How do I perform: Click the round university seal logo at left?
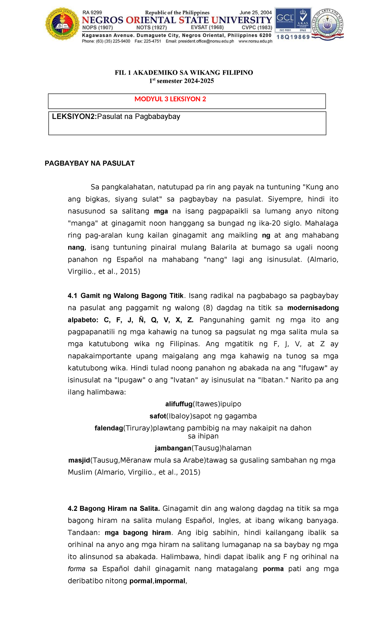[x=62, y=24]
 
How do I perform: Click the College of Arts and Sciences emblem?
[x=328, y=24]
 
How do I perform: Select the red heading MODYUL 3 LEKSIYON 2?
[x=170, y=99]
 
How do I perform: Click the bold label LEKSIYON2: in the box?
[x=75, y=117]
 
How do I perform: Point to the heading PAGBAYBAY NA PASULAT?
[x=90, y=163]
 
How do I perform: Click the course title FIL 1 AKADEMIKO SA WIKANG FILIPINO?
[x=184, y=73]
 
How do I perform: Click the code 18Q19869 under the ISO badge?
[x=293, y=37]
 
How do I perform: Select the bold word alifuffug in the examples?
[x=179, y=404]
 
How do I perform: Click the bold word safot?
[x=158, y=416]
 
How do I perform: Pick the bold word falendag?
[x=109, y=428]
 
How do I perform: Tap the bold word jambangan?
[x=173, y=448]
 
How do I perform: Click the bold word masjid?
[x=79, y=460]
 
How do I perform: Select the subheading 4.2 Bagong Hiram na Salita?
[x=114, y=509]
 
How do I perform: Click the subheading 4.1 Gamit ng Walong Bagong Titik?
[x=126, y=296]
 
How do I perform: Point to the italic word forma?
[x=76, y=569]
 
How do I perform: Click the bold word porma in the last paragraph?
[x=273, y=569]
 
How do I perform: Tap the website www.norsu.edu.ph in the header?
[x=255, y=41]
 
